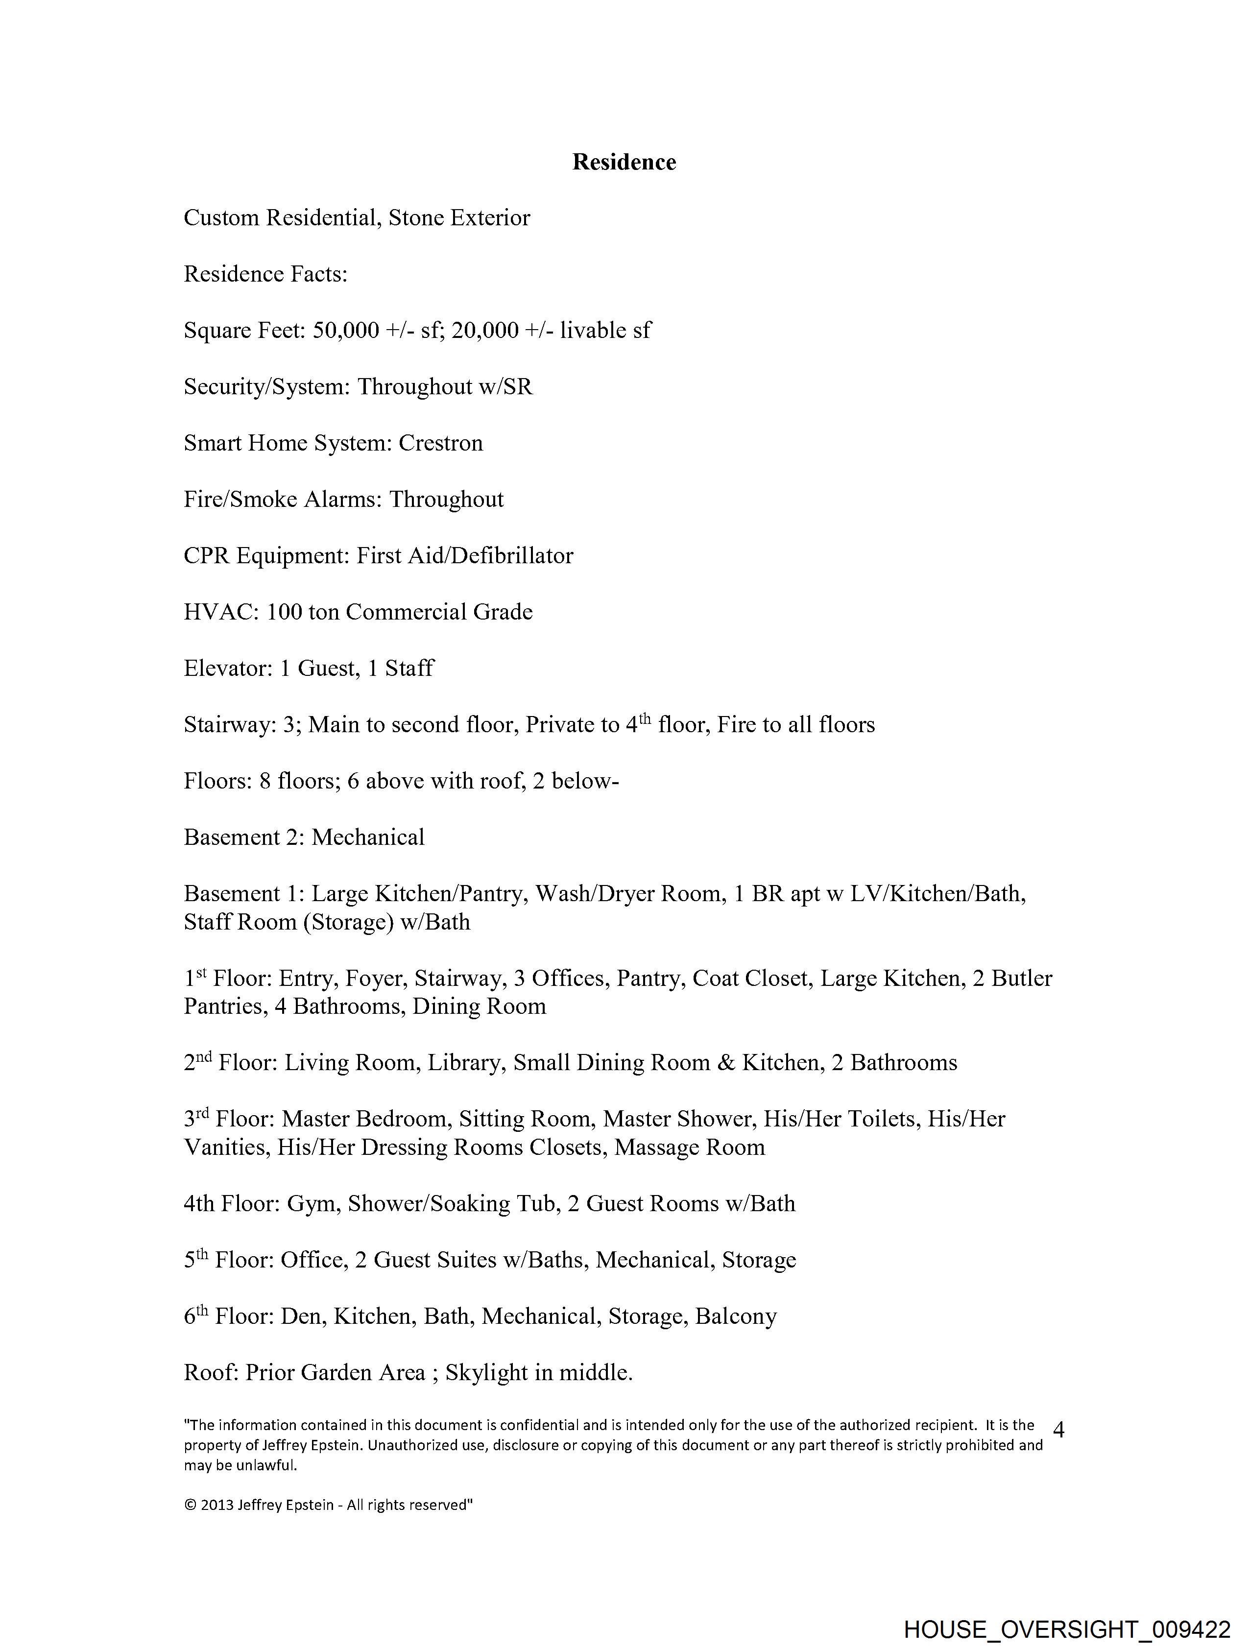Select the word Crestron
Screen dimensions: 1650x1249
[x=440, y=443]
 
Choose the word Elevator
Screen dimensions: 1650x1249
[x=228, y=669]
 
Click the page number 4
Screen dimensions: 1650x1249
[x=1058, y=1430]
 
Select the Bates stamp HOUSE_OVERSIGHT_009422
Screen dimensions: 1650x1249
[x=1067, y=1628]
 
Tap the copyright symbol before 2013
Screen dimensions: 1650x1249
[x=190, y=1506]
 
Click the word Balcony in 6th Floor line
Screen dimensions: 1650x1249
[x=736, y=1316]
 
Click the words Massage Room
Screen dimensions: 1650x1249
[x=690, y=1147]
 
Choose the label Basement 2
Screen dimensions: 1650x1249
[x=242, y=837]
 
